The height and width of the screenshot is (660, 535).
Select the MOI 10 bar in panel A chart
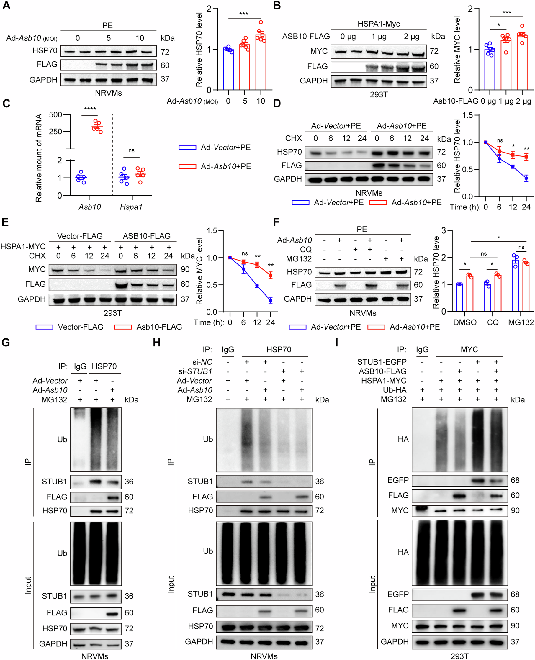261,62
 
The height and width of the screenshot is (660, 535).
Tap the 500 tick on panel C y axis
55,114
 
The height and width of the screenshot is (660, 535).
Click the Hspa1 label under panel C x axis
131,207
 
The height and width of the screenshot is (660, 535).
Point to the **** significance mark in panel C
90,109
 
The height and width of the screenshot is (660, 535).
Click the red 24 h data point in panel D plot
526,157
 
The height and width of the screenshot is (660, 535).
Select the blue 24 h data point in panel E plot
270,300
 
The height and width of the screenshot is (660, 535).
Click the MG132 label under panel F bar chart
521,322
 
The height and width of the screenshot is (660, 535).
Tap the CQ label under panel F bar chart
493,322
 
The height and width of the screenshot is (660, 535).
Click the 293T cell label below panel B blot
379,95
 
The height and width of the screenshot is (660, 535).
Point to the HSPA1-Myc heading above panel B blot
379,24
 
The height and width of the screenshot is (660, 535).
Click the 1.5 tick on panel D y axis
467,115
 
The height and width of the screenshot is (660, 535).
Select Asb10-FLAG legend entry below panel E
159,327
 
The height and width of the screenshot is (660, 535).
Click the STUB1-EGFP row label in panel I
382,362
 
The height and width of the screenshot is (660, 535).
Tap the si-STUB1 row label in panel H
195,371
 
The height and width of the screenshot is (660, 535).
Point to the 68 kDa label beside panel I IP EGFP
515,480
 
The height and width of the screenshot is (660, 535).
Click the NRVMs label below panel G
95,656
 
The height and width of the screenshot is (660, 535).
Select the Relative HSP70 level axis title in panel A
199,49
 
